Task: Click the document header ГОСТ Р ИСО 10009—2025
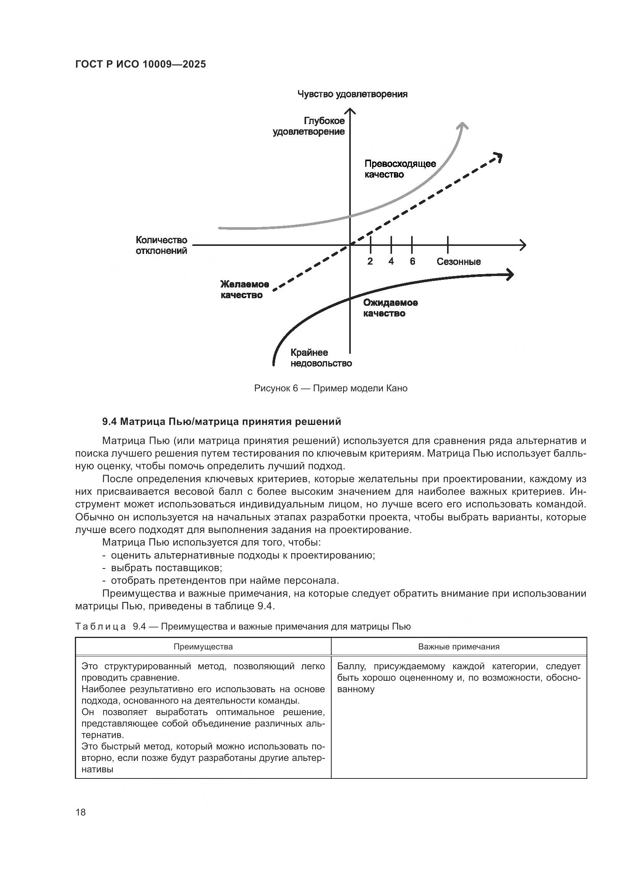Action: [141, 65]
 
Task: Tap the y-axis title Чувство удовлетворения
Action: [352, 94]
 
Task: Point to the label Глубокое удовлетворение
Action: [309, 126]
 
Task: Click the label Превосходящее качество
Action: [400, 169]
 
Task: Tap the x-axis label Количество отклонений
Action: [162, 245]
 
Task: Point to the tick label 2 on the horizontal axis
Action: [370, 262]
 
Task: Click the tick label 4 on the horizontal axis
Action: [391, 262]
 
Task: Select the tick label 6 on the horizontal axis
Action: [412, 262]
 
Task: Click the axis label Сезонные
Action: [459, 262]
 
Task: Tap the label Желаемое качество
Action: [245, 289]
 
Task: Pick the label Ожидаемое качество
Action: [391, 308]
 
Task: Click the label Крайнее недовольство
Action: [321, 358]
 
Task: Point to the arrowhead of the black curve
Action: [509, 275]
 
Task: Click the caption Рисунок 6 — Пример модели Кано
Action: [331, 388]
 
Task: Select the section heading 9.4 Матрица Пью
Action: [222, 421]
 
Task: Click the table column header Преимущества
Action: [203, 647]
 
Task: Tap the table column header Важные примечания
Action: [459, 647]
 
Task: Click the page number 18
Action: [81, 812]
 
